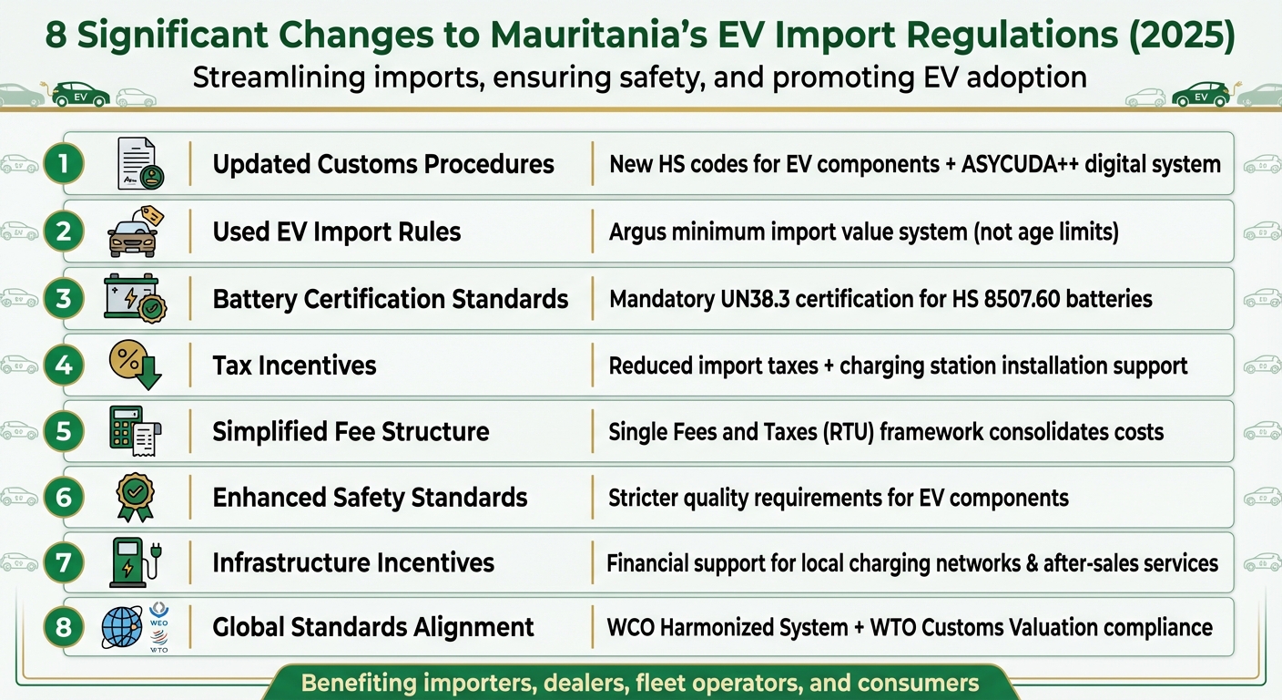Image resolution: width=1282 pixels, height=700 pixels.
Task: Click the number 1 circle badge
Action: [x=64, y=164]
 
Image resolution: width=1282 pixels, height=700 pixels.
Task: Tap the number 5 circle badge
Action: [x=64, y=431]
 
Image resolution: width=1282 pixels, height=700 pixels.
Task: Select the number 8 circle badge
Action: [x=64, y=628]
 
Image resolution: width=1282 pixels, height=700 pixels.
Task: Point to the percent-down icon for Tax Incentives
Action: [x=134, y=365]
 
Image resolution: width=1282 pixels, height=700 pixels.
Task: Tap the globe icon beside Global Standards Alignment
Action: [x=122, y=628]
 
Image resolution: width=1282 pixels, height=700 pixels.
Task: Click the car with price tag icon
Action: [x=134, y=232]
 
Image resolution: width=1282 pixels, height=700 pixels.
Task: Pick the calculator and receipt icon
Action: [x=134, y=431]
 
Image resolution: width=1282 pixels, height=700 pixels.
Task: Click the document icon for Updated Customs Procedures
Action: [x=138, y=165]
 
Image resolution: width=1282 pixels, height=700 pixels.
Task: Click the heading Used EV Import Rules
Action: [x=337, y=232]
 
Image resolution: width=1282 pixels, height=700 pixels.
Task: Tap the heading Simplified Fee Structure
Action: [x=351, y=431]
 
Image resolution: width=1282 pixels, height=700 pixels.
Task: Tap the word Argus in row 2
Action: [x=638, y=232]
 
